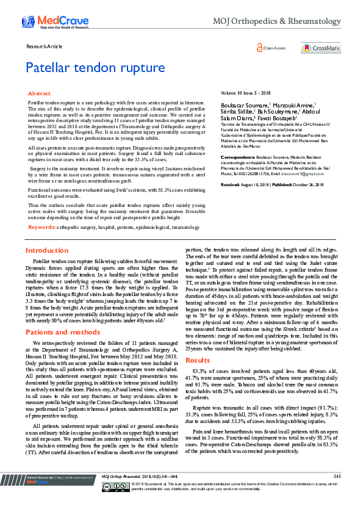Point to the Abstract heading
pos(40,93)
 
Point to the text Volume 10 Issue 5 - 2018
pos(245,93)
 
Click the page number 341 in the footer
pos(337,492)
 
